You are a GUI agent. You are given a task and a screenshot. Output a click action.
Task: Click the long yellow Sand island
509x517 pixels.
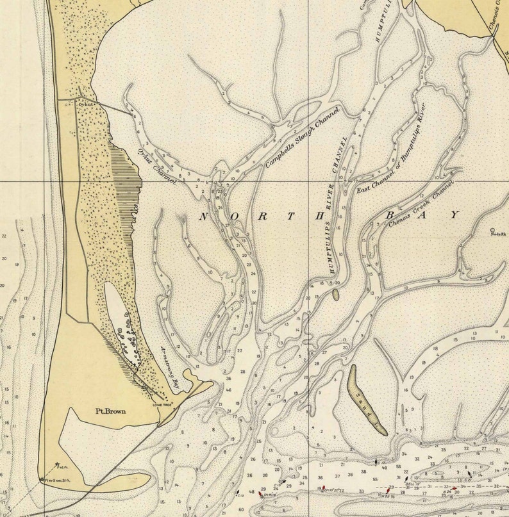click(366, 399)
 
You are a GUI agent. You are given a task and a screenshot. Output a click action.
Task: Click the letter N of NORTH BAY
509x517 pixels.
click(203, 217)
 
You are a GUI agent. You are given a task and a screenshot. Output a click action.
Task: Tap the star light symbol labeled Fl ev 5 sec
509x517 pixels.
click(43, 479)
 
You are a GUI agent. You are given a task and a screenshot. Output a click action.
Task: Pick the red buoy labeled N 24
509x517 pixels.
click(453, 489)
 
